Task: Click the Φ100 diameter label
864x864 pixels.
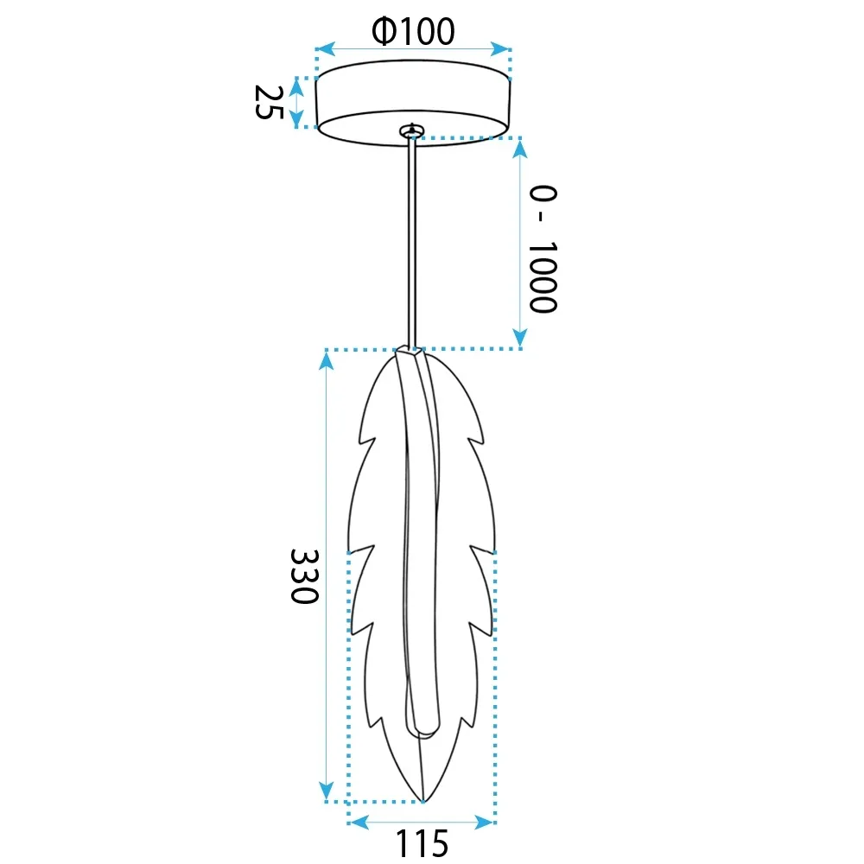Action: (x=413, y=31)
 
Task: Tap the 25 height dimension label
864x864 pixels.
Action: (x=269, y=102)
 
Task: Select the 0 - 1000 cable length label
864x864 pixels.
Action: (x=543, y=249)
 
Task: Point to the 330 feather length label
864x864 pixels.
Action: (x=304, y=575)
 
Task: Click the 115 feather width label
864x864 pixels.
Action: (x=422, y=842)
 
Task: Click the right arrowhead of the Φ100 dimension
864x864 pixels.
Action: (x=499, y=48)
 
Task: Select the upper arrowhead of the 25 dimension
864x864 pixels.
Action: (x=296, y=87)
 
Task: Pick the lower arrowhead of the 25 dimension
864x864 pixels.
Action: (x=296, y=118)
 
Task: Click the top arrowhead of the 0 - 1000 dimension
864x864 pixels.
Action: (x=520, y=149)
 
